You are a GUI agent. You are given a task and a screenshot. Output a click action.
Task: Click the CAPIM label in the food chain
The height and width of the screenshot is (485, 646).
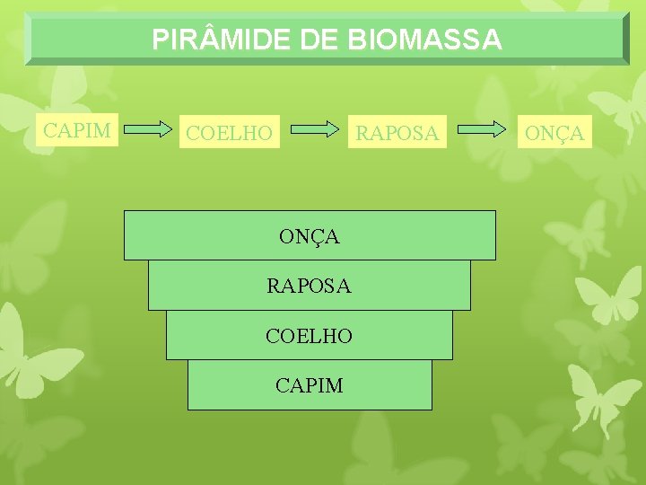[78, 130]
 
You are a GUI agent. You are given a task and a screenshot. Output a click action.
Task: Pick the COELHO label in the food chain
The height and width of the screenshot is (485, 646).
[229, 134]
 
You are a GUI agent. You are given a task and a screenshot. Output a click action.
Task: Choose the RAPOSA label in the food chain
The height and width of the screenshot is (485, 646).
[397, 134]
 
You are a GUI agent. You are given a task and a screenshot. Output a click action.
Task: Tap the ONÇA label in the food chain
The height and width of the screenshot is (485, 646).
[554, 134]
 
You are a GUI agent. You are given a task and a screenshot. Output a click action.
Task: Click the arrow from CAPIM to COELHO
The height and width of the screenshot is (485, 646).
[147, 130]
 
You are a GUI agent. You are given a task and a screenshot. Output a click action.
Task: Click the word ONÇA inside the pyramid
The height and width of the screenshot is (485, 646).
[309, 237]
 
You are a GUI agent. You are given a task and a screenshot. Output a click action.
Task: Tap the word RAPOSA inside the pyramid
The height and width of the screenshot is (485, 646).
[309, 287]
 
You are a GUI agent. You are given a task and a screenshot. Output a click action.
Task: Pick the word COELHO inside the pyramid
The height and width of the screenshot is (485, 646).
[309, 336]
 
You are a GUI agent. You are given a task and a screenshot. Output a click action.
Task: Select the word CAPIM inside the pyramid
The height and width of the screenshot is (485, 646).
[309, 385]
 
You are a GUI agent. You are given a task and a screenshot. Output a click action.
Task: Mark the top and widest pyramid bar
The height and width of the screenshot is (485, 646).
[179, 235]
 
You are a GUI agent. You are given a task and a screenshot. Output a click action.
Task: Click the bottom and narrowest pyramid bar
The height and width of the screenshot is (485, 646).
[224, 385]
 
